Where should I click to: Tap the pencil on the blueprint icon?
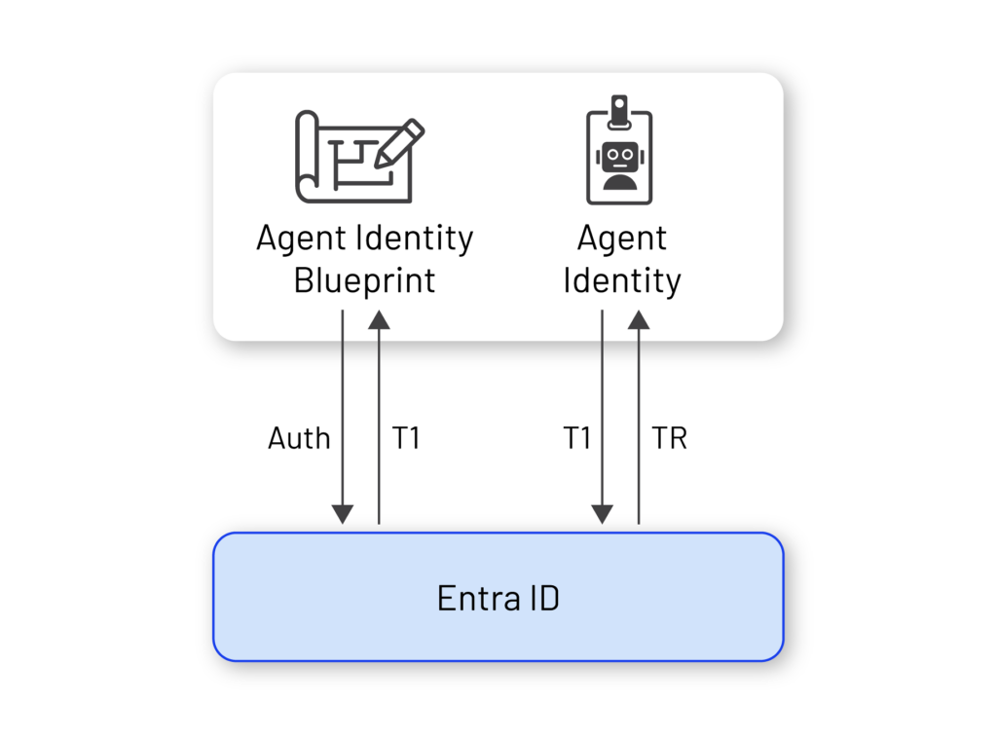(x=399, y=144)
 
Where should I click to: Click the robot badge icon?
(x=619, y=150)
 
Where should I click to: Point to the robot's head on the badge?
(x=620, y=157)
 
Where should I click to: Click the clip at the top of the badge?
(x=619, y=112)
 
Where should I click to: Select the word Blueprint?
(x=364, y=281)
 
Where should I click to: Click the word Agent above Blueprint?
(x=302, y=240)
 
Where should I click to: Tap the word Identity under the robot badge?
(x=622, y=281)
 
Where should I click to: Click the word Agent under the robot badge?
(x=622, y=240)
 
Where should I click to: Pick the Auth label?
(x=299, y=438)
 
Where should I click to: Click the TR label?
(x=670, y=438)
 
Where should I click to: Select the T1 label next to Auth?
(x=406, y=438)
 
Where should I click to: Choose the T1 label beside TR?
(x=576, y=438)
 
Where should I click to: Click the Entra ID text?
(x=498, y=598)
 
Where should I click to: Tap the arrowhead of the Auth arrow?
(x=343, y=514)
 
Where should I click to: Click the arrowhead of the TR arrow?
(x=639, y=319)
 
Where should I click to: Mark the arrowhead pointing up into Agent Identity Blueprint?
(x=379, y=319)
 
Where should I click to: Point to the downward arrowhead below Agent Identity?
(x=602, y=514)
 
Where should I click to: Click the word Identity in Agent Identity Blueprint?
(x=415, y=240)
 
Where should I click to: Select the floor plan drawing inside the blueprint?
(x=359, y=164)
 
